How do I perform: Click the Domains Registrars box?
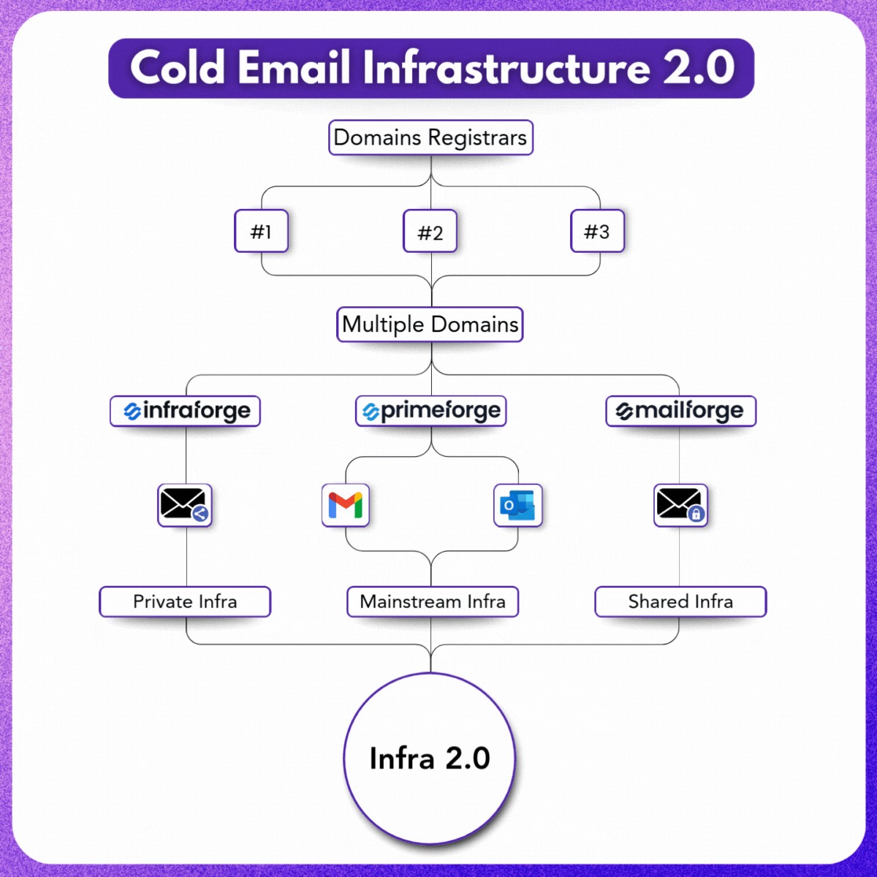tap(430, 137)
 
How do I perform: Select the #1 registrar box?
tap(261, 232)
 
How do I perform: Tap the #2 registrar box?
tap(430, 232)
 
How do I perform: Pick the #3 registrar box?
tap(597, 232)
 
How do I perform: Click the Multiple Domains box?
tap(430, 324)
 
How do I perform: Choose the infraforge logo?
tap(186, 411)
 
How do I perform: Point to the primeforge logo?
tap(431, 411)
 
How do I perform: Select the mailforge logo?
tap(680, 411)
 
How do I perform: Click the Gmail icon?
tap(346, 505)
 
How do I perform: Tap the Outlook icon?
tap(517, 505)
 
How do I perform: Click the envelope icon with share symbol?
tap(184, 505)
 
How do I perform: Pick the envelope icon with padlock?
tap(680, 505)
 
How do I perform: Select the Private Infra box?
tap(185, 601)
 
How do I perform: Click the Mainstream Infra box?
tap(432, 601)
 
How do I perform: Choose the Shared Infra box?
tap(680, 601)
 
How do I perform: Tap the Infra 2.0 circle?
tap(430, 758)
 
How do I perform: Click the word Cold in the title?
tap(177, 68)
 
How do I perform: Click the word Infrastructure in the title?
tap(505, 68)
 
